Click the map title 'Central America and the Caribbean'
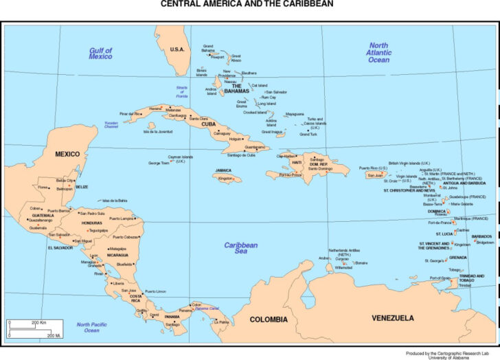(247, 4)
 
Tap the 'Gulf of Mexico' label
(100, 54)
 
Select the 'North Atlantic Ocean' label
(378, 53)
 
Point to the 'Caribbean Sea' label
(241, 248)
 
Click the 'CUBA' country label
(208, 124)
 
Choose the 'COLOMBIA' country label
(269, 319)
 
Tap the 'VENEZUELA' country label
(393, 318)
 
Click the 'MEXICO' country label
(67, 154)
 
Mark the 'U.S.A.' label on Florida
(177, 49)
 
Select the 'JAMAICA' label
(223, 170)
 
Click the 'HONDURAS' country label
(91, 223)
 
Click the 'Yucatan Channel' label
(111, 126)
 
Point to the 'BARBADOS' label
(481, 236)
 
